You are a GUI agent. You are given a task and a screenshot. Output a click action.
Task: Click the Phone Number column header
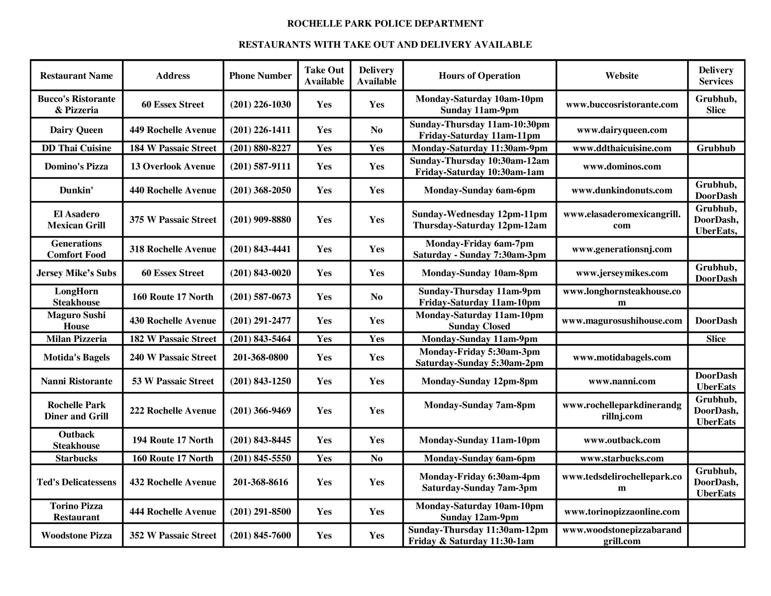click(260, 76)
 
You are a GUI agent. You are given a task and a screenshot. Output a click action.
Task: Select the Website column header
click(622, 76)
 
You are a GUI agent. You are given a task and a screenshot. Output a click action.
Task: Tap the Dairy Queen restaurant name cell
click(76, 130)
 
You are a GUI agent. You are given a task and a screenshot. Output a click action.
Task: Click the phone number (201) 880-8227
click(260, 148)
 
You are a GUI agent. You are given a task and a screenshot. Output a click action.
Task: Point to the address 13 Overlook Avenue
click(173, 166)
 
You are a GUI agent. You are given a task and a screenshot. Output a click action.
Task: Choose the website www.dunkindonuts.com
click(622, 190)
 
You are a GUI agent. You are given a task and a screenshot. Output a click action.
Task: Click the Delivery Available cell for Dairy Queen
click(376, 130)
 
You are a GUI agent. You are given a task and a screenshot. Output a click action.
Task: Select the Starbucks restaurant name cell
click(76, 458)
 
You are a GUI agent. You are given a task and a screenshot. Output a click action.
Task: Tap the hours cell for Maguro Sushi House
click(479, 320)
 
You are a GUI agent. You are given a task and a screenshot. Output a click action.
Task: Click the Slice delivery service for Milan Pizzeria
click(716, 339)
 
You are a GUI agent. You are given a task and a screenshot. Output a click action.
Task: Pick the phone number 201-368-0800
click(260, 357)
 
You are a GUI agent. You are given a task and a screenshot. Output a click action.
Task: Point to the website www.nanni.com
click(622, 381)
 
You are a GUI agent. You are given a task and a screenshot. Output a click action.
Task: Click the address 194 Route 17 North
click(173, 440)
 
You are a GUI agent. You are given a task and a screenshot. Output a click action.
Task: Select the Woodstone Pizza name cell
click(76, 535)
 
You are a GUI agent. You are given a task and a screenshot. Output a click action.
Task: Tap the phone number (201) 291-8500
click(260, 512)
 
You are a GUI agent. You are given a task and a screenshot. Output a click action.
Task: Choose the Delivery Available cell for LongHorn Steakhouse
click(376, 297)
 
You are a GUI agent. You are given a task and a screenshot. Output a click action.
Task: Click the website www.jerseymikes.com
click(622, 273)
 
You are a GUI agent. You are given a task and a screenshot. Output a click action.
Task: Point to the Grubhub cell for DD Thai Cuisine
click(716, 148)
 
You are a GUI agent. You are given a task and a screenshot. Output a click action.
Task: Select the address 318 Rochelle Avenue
click(173, 249)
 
